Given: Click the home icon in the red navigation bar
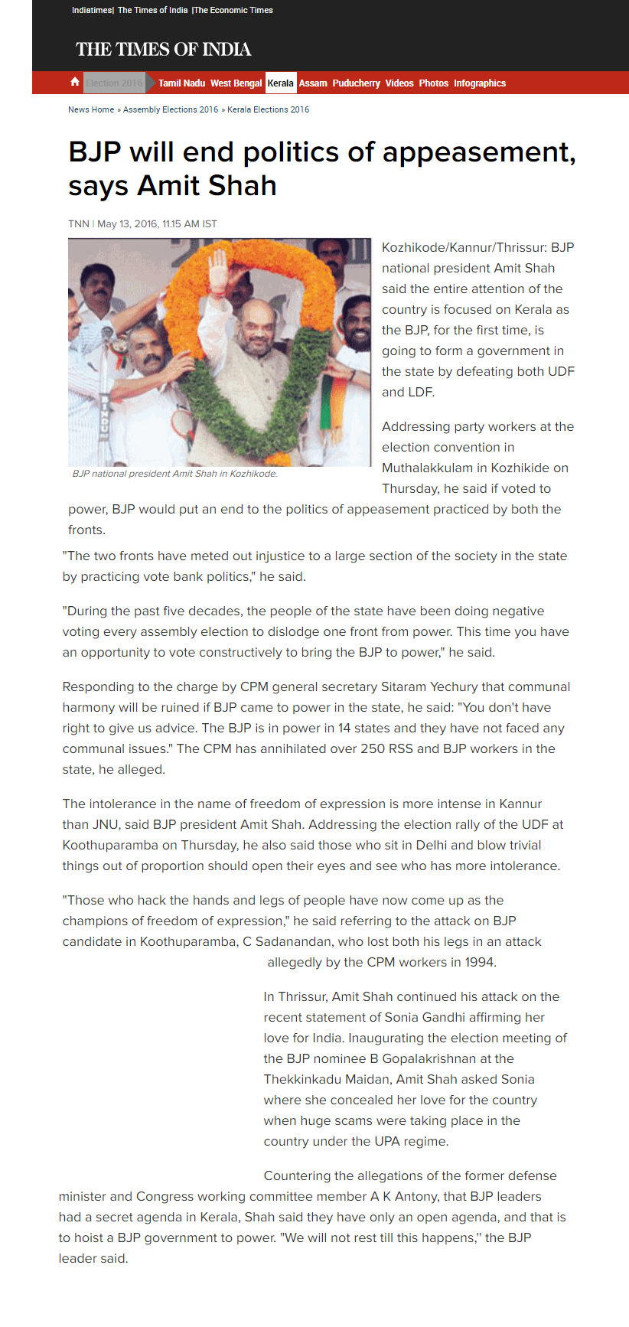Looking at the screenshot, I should tap(75, 82).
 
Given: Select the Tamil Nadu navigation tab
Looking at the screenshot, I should tap(181, 83).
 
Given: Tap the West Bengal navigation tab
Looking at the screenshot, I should tap(236, 83).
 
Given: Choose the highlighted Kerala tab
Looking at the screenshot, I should tap(281, 83).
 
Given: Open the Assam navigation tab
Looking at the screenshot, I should tap(313, 83).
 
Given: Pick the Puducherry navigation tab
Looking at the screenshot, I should tap(356, 83).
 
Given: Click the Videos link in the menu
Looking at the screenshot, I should tap(399, 83).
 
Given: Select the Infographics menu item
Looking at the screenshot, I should tap(480, 83).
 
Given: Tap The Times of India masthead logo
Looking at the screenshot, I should tap(163, 50).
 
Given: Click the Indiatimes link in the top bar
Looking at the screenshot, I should tap(92, 10).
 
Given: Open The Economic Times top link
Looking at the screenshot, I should tap(233, 10).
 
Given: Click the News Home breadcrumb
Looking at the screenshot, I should tap(91, 109).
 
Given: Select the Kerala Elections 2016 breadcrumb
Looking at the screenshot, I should tap(269, 109).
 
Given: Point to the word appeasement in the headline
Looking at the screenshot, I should tap(478, 152).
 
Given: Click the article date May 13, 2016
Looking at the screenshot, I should tap(127, 224).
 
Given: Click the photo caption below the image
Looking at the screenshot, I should tap(175, 474).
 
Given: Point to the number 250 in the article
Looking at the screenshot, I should tap(373, 748).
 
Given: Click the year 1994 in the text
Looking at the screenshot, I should tap(479, 962).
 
